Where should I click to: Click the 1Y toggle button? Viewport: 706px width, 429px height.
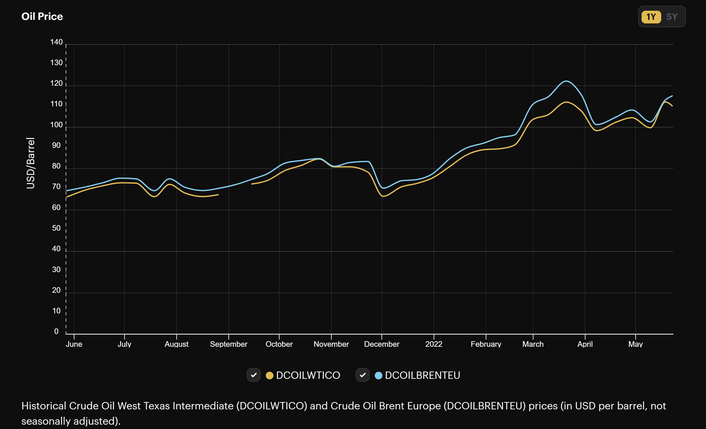click(x=651, y=17)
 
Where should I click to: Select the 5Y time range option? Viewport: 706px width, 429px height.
click(x=672, y=17)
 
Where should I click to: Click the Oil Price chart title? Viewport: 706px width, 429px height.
click(x=42, y=17)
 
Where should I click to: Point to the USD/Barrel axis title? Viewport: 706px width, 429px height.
click(x=30, y=163)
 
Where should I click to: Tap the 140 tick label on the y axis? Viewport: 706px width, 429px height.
click(x=57, y=42)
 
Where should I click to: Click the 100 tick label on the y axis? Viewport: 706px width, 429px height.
click(x=57, y=125)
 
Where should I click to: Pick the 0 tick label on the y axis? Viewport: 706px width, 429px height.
click(x=57, y=331)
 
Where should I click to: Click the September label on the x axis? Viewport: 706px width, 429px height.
click(x=229, y=344)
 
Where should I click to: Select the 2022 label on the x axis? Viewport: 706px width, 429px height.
click(x=434, y=344)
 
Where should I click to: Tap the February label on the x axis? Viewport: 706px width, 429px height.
click(x=486, y=344)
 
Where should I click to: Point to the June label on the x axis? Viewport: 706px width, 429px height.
click(x=74, y=344)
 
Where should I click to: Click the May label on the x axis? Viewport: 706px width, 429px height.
click(x=635, y=344)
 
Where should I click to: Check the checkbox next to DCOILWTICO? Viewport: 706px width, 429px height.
click(x=254, y=375)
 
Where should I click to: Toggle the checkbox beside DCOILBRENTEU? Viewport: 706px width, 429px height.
click(x=363, y=375)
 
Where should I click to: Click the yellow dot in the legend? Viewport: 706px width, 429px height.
click(x=269, y=376)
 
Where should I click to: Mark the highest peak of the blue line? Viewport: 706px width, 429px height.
click(x=566, y=81)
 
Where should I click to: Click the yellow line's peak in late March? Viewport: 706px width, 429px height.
click(x=566, y=102)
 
